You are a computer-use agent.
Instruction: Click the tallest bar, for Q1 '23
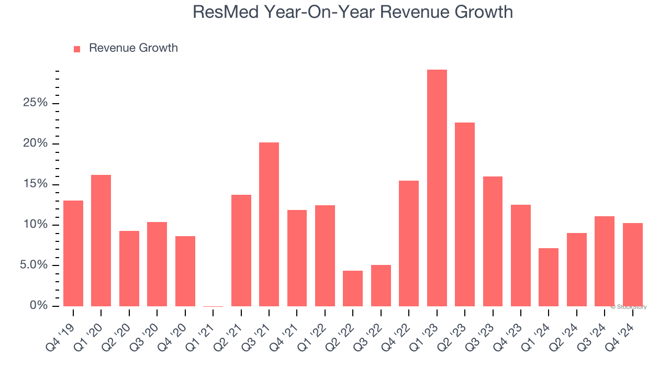[437, 188]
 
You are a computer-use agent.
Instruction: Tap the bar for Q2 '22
[353, 289]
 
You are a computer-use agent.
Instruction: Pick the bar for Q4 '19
[73, 253]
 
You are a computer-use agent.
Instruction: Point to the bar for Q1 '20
[101, 240]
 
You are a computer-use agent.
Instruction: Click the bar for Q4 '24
[632, 264]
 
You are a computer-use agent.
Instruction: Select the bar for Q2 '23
[465, 214]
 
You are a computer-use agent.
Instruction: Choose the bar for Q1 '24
[549, 277]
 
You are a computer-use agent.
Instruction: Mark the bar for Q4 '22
[409, 243]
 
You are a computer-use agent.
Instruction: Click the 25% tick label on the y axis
[35, 103]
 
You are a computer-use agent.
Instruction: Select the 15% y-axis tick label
[35, 184]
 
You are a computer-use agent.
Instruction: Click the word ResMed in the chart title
[226, 12]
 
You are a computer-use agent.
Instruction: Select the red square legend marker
[77, 49]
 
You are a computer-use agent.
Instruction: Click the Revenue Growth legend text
[133, 48]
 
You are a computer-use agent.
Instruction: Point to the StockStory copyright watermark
[629, 307]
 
